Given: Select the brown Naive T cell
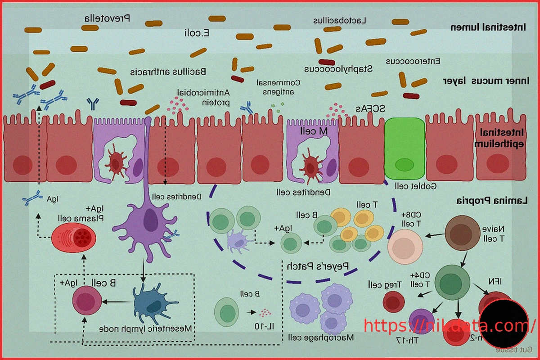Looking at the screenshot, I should (463, 233).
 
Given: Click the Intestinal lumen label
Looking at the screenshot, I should (488, 27).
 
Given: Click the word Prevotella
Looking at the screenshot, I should (107, 18).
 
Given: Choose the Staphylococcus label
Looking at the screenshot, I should (338, 69).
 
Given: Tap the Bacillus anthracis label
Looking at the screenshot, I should (168, 71).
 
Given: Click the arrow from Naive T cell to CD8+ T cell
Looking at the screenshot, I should (435, 235).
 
